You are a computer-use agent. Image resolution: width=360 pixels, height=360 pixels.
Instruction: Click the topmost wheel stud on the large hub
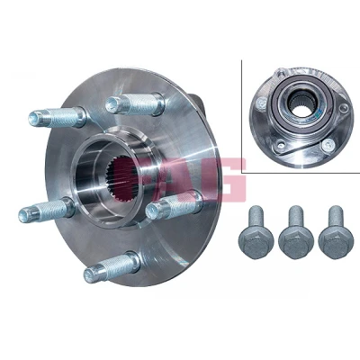point(135,103)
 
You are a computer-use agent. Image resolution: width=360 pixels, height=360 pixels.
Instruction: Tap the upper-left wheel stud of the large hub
point(58,117)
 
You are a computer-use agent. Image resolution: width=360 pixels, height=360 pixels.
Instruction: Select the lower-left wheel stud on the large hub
point(47,210)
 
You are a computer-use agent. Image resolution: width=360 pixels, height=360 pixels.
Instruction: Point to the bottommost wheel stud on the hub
point(112,267)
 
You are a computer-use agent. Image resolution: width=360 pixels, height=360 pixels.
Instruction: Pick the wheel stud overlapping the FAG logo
point(174,205)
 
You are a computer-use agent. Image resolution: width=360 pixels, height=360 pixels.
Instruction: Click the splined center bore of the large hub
point(122,179)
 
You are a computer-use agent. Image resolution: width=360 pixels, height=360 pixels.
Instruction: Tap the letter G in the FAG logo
point(228,179)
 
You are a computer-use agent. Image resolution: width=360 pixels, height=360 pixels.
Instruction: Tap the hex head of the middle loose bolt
point(296,246)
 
